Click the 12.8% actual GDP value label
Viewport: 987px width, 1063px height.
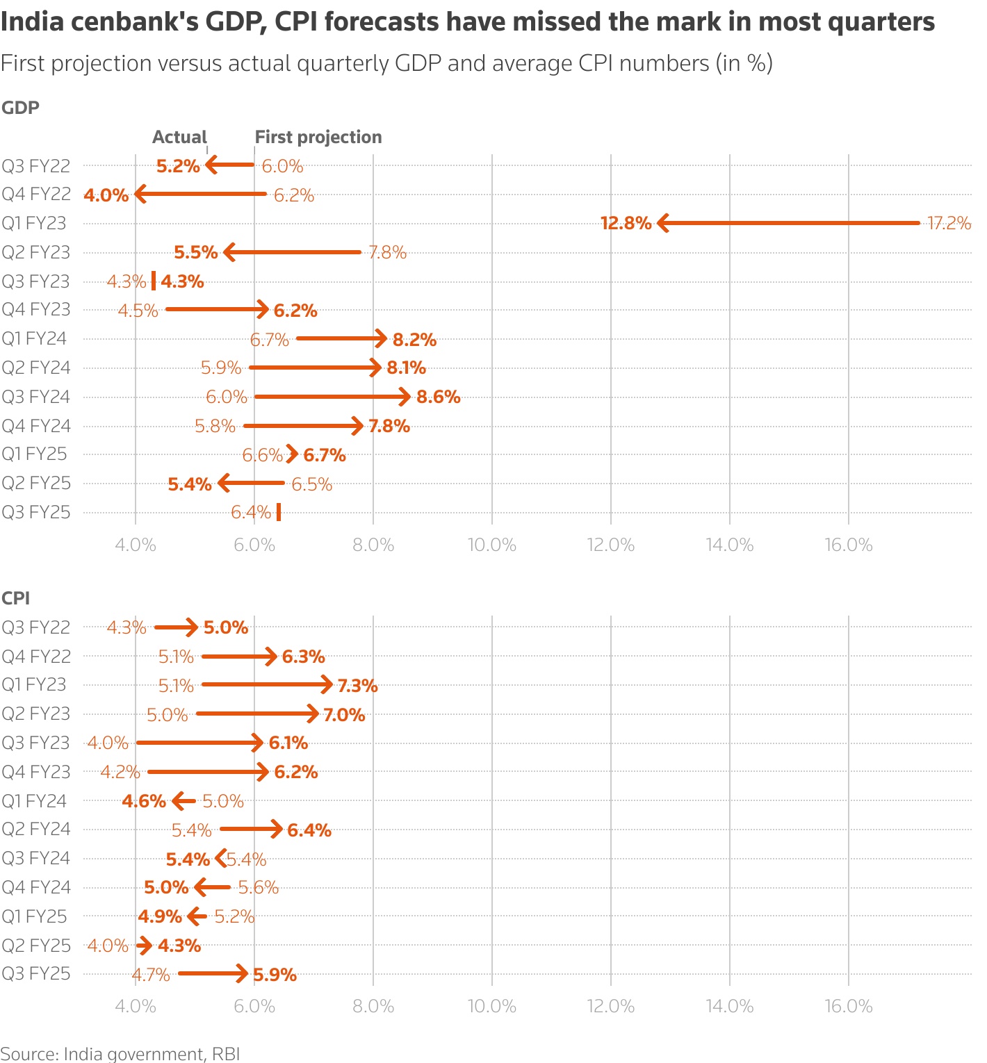(626, 223)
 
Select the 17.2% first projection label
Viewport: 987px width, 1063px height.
(949, 223)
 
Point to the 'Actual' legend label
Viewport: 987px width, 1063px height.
(179, 137)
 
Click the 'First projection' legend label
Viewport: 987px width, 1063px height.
(318, 137)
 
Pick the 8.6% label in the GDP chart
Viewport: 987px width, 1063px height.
(438, 397)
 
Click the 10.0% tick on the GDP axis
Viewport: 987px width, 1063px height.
(492, 545)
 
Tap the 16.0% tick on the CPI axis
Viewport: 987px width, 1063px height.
(849, 1006)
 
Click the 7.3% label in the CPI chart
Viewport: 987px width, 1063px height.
(357, 686)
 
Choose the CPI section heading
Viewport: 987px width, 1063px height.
(15, 598)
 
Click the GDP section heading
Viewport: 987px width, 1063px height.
(20, 108)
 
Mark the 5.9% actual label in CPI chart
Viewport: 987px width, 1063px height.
(275, 975)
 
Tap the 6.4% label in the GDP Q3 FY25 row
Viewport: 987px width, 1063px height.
(251, 513)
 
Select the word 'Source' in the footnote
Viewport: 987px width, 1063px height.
(28, 1053)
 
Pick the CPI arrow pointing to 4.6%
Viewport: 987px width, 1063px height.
(183, 801)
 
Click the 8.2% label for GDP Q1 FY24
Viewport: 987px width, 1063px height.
(414, 340)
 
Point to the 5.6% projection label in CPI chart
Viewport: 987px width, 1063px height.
(258, 887)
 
